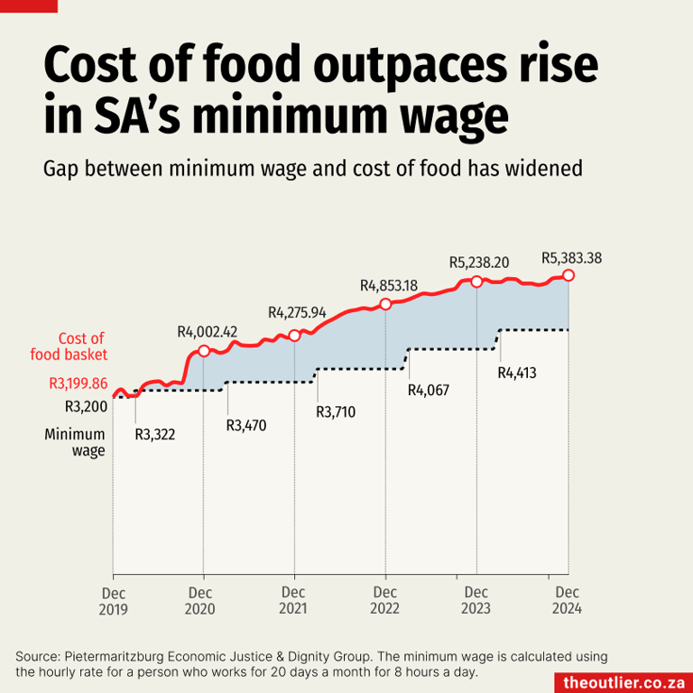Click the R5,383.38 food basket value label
tap(571, 258)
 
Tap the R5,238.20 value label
tap(479, 263)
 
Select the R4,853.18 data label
tap(388, 286)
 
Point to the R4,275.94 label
tap(297, 313)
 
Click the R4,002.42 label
tap(207, 332)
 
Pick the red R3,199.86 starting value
tap(78, 383)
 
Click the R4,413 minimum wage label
tap(517, 371)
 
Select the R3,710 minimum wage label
tap(336, 412)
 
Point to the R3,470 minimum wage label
tap(245, 425)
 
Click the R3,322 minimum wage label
tap(154, 435)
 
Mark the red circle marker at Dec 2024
tap(568, 275)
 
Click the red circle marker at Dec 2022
tap(386, 304)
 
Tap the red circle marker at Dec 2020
tap(204, 351)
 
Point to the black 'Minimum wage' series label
tap(75, 442)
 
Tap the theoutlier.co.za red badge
tap(623, 682)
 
